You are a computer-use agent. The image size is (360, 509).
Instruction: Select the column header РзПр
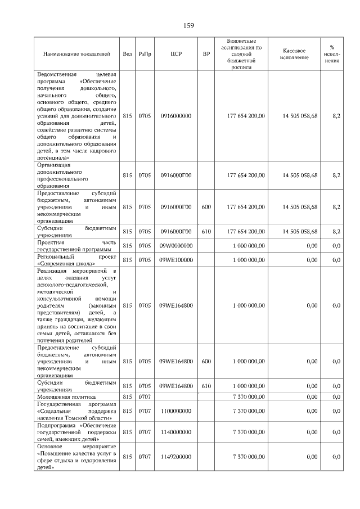[145, 54]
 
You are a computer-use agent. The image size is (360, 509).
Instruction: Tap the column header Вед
[128, 54]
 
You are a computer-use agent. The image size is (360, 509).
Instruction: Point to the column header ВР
[206, 54]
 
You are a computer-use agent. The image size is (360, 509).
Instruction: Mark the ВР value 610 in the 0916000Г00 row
[206, 231]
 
